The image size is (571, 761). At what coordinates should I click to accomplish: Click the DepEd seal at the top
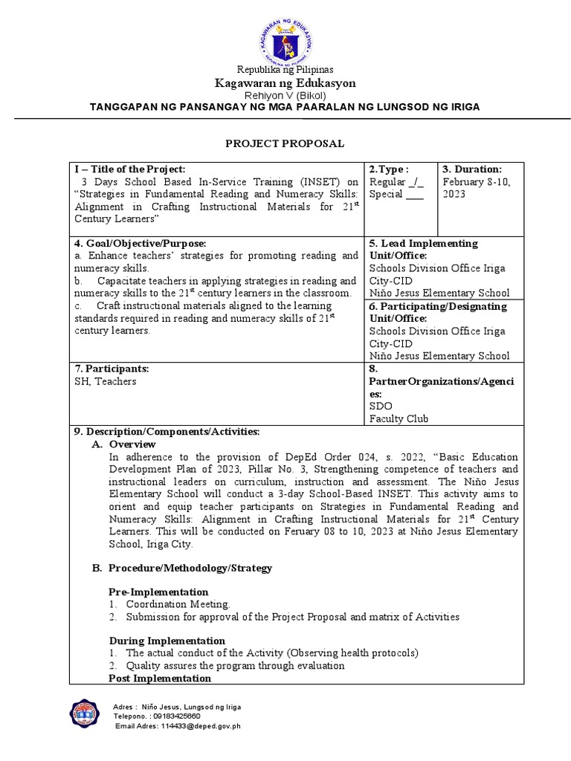coord(285,36)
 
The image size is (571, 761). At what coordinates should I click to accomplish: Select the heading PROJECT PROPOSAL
coord(285,143)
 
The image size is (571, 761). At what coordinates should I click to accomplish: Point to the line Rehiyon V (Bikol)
coord(285,95)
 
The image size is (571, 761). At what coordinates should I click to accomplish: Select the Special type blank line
coord(416,195)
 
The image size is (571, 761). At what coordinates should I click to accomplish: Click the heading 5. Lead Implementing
coord(423,244)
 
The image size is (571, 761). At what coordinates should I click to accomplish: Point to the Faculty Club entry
coord(399,418)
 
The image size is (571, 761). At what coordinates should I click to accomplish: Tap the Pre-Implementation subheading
coord(158,593)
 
